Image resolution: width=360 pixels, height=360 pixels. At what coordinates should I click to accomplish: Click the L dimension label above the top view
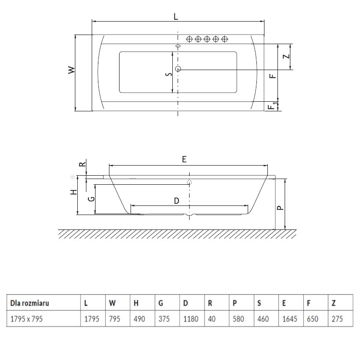tap(176, 16)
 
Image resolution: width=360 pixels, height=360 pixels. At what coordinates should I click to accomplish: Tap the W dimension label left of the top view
tap(72, 70)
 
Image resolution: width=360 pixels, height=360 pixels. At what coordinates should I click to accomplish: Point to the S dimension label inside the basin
tap(169, 74)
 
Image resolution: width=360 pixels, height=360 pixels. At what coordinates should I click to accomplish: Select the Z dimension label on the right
tap(286, 57)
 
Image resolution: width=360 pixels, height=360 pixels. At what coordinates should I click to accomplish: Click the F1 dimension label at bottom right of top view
tap(273, 106)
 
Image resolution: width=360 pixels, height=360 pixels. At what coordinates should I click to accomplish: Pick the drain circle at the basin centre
tap(178, 69)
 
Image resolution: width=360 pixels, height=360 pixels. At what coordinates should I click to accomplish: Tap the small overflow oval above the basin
tap(178, 46)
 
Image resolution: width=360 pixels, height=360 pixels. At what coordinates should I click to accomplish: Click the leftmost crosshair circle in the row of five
tap(189, 39)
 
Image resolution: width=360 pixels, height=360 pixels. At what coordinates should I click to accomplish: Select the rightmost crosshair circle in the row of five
tap(225, 39)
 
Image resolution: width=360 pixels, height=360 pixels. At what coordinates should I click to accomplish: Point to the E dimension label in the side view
tap(184, 159)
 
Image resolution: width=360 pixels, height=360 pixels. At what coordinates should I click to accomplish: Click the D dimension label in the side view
tap(176, 201)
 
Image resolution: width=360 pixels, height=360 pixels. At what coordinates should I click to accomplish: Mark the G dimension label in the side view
tap(91, 199)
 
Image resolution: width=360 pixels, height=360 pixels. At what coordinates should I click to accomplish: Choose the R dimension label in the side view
tap(83, 164)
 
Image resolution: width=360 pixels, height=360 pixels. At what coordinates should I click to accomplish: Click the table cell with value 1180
tap(191, 319)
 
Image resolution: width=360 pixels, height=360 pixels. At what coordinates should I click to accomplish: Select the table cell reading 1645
tap(289, 319)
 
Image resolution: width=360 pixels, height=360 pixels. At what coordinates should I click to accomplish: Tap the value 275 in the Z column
tap(337, 319)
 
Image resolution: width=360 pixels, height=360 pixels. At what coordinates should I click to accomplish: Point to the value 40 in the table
tap(212, 319)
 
